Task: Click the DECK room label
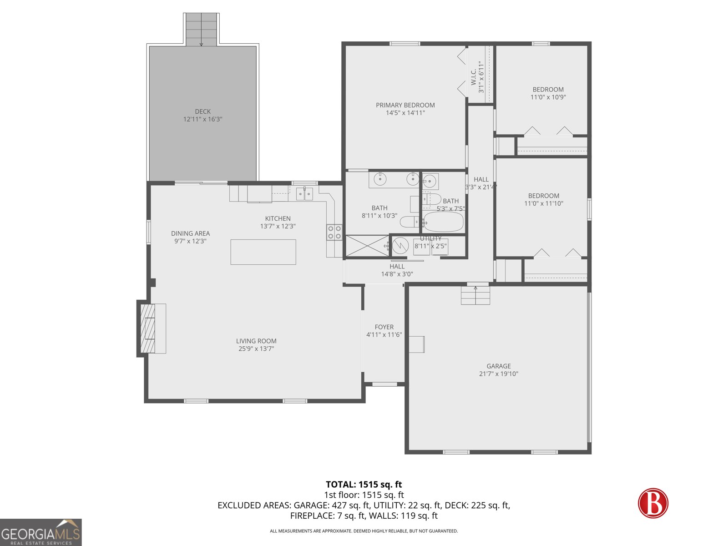(202, 111)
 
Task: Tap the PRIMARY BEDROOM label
(405, 105)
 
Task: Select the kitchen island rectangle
(263, 252)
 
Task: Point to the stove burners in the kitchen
(334, 233)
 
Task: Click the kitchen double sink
(305, 194)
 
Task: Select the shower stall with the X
(367, 246)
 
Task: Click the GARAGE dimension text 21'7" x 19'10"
(499, 374)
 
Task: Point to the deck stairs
(202, 29)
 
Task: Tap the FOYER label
(384, 327)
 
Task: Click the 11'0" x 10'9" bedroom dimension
(548, 97)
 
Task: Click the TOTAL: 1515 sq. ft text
(364, 485)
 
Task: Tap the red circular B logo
(653, 503)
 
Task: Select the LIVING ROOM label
(256, 341)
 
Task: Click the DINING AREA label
(190, 233)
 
